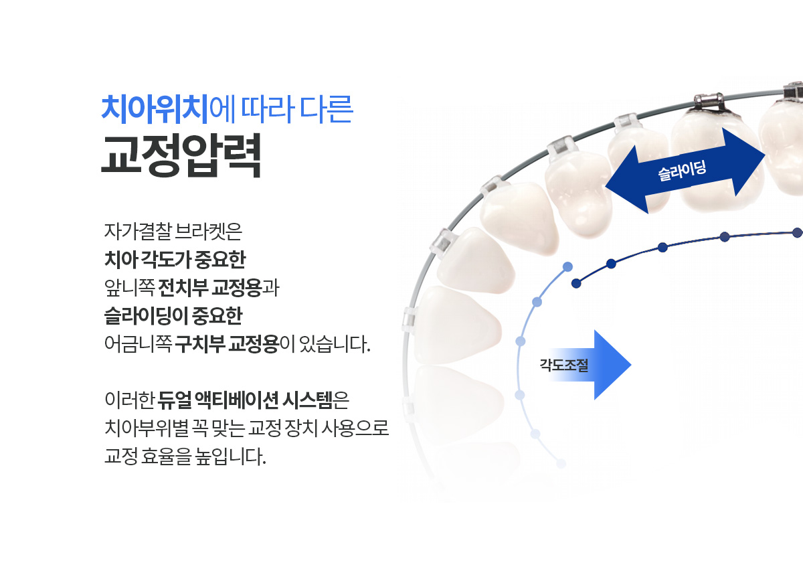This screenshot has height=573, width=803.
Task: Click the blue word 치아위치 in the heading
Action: (155, 109)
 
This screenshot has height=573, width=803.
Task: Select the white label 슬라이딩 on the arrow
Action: (682, 171)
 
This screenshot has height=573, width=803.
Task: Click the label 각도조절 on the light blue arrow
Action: (564, 365)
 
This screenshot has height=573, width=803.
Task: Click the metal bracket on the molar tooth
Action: (709, 103)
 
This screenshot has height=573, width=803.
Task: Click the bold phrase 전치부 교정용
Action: (209, 288)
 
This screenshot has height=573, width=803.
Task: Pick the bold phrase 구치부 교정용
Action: (227, 344)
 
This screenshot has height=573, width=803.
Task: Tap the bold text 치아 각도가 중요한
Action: (175, 260)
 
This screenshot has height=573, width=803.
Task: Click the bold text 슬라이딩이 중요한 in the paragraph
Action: (173, 316)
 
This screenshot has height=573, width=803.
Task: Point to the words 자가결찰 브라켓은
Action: (173, 232)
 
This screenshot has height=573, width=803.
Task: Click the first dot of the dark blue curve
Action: (576, 283)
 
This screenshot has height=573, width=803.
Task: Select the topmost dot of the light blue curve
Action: (567, 267)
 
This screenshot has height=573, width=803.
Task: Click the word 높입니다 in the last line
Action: (230, 457)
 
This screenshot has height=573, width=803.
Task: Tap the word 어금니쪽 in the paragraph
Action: (138, 344)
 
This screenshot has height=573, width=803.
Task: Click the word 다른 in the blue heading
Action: (327, 109)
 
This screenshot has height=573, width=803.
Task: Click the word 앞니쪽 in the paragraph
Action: (129, 288)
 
